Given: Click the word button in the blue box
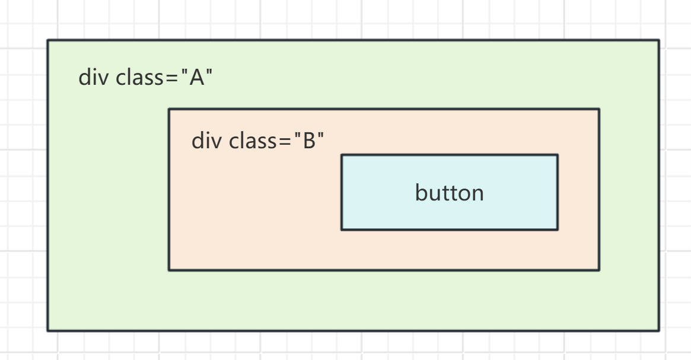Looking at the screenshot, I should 449,193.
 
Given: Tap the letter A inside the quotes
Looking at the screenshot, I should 196,78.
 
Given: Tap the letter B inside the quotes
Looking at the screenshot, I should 309,142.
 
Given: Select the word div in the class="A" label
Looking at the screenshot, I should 91,78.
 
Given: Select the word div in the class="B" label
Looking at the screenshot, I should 204,142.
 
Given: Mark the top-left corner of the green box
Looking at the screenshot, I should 48,40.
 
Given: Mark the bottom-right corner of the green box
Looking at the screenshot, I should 658,330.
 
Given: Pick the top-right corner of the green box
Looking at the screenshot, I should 658,40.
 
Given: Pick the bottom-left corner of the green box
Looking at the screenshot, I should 48,330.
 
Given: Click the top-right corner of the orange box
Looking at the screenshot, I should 598,109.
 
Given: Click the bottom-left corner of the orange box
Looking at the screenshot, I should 169,270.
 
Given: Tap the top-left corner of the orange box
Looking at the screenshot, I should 169,109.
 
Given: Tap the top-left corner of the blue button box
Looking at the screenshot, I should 342,155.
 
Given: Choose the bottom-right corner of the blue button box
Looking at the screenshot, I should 557,229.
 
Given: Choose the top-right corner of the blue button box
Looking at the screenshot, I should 557,155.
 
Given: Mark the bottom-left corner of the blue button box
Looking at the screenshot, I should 342,229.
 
